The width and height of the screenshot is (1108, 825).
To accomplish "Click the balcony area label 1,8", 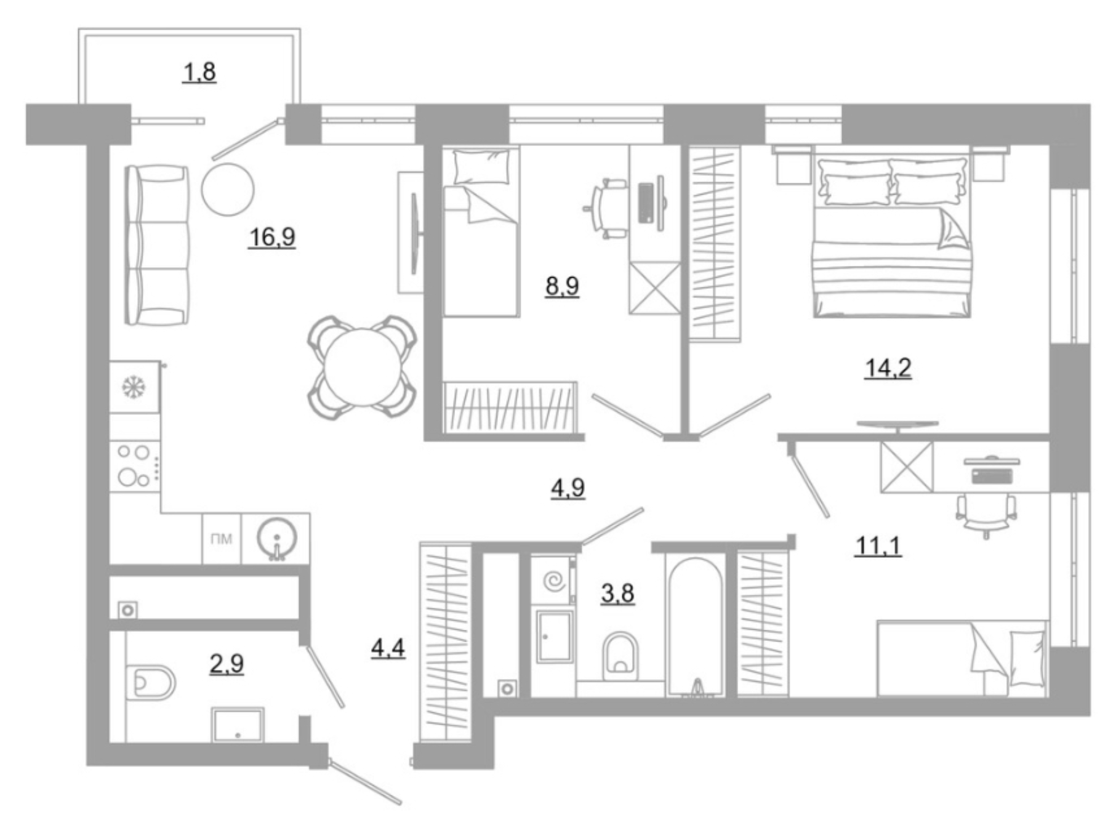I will pyautogui.click(x=199, y=73).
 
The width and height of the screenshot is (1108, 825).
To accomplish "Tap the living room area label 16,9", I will pyautogui.click(x=271, y=236).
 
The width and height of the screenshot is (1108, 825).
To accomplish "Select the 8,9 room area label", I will pyautogui.click(x=561, y=286).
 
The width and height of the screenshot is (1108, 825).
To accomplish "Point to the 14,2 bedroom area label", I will pyautogui.click(x=888, y=368).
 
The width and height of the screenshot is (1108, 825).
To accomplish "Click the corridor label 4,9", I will pyautogui.click(x=567, y=488).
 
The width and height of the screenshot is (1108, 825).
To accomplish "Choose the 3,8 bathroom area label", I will pyautogui.click(x=617, y=594).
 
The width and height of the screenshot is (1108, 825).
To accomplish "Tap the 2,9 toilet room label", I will pyautogui.click(x=227, y=664).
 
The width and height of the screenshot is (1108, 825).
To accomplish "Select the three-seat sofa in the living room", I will pyautogui.click(x=158, y=245).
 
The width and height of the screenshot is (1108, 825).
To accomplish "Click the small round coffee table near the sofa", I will pyautogui.click(x=228, y=189).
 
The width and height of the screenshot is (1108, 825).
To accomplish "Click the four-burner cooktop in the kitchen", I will pyautogui.click(x=135, y=466).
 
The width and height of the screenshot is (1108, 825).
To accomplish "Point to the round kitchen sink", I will pyautogui.click(x=276, y=539).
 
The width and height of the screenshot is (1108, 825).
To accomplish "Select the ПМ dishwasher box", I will pyautogui.click(x=222, y=539).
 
